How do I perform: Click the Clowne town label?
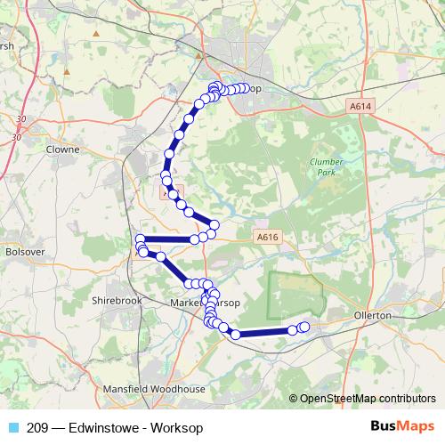tap(62, 150)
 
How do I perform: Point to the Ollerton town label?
tap(373, 316)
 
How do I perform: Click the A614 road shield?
tap(359, 106)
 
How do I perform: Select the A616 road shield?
tap(267, 237)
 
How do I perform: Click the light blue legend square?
tap(12, 427)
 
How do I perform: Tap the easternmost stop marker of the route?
tap(304, 328)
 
